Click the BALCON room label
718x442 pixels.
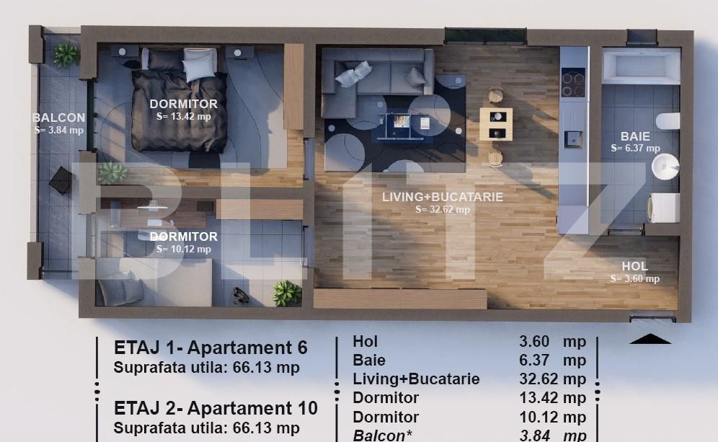point(59,118)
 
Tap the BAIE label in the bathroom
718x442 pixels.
point(635,136)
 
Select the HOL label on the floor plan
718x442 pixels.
point(634,266)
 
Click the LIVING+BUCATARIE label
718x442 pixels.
point(443,197)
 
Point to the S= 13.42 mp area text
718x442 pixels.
point(184,117)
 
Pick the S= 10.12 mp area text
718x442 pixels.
point(184,249)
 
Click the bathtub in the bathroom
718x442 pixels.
point(641,66)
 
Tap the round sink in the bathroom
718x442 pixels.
point(665,167)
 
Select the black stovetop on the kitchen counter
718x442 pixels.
point(574,82)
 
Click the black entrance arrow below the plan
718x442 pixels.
point(650,339)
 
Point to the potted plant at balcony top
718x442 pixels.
point(66,55)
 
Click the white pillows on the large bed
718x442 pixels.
point(199,63)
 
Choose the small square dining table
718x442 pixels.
point(496,124)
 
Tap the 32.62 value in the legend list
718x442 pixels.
point(534,379)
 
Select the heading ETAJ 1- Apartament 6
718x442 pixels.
point(210,348)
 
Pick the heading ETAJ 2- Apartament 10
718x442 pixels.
point(216,408)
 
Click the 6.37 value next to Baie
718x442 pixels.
point(534,361)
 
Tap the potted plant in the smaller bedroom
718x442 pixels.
point(286,293)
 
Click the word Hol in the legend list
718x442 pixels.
point(365,341)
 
